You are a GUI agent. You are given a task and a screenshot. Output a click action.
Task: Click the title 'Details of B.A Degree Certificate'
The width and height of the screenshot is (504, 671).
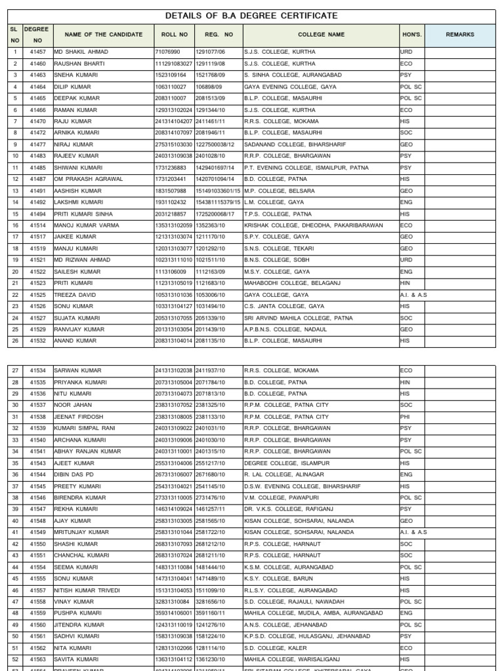tap(251, 16)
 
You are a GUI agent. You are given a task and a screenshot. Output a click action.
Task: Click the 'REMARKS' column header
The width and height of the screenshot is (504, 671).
tap(459, 35)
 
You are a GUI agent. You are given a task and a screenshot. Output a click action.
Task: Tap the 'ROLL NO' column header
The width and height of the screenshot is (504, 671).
tap(174, 35)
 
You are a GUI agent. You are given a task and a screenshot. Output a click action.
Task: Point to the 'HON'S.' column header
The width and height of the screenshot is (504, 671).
tap(411, 35)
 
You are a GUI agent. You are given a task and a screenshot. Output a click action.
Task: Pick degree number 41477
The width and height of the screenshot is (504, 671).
tap(37, 145)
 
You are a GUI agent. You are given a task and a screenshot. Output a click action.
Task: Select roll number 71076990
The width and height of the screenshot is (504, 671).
tap(168, 52)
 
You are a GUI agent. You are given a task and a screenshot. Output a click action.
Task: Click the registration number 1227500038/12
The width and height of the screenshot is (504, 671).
tap(215, 145)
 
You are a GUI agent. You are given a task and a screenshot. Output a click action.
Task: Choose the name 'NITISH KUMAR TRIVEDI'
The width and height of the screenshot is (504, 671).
tap(87, 590)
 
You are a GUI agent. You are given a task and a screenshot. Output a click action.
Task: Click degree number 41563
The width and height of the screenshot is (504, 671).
tap(37, 660)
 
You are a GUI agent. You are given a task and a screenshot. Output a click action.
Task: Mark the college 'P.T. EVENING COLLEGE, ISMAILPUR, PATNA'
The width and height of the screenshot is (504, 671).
tap(306, 168)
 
